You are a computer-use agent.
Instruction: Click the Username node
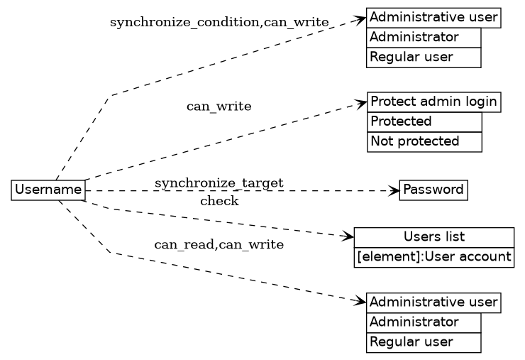tap(48, 190)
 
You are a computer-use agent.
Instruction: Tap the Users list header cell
tap(433, 237)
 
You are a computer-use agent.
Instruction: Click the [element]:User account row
tap(433, 257)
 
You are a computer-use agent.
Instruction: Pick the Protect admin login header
tap(433, 102)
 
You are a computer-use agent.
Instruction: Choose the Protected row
tap(424, 121)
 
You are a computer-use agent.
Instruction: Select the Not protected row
tap(424, 141)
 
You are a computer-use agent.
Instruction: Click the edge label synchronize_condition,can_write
tap(219, 23)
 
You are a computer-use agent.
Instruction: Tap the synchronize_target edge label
tap(219, 183)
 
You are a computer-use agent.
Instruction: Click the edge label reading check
tap(219, 201)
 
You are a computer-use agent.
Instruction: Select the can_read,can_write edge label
tap(219, 245)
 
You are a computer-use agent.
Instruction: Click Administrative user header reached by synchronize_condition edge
tap(433, 17)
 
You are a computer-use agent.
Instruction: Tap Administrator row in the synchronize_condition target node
tap(424, 37)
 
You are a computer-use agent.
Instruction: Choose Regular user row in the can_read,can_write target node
tap(424, 342)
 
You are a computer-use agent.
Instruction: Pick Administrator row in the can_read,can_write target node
tap(424, 322)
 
